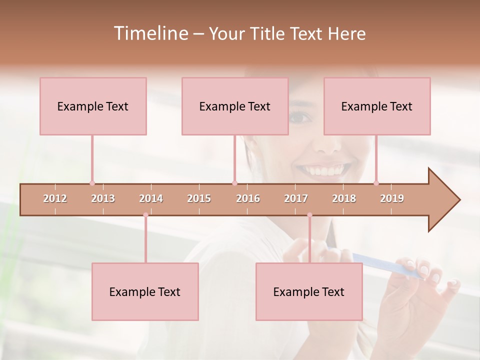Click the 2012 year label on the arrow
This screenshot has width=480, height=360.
click(x=55, y=198)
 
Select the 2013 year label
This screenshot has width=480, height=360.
click(x=103, y=198)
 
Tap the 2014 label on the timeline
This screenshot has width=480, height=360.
click(x=151, y=198)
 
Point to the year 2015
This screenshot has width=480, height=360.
click(x=199, y=198)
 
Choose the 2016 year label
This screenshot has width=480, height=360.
click(x=248, y=198)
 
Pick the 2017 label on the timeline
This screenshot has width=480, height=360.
click(x=296, y=198)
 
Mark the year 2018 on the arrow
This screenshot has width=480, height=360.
click(x=344, y=198)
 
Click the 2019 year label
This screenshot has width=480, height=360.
click(x=392, y=198)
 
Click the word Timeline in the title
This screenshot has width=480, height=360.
click(x=150, y=33)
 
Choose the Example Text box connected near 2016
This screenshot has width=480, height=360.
click(x=235, y=106)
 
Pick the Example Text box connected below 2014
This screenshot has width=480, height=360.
click(x=145, y=291)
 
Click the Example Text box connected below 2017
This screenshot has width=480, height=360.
click(x=309, y=291)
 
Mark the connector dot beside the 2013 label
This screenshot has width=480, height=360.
click(x=92, y=183)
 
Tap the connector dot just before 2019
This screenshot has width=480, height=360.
click(x=376, y=183)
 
